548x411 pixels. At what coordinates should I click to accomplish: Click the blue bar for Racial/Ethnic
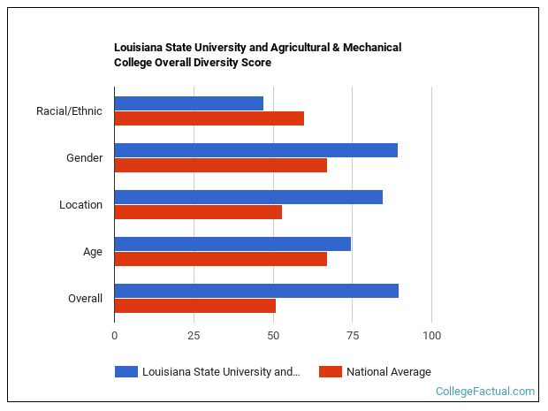(189, 103)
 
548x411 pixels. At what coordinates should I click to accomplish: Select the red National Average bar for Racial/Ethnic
(209, 118)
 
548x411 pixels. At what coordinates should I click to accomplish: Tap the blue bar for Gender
(255, 150)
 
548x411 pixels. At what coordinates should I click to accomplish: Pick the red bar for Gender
(220, 165)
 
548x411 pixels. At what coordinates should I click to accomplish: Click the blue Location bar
(248, 197)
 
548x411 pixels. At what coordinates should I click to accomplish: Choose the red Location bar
(198, 212)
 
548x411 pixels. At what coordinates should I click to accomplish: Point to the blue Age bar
(232, 244)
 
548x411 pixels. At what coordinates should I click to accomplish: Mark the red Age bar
(220, 259)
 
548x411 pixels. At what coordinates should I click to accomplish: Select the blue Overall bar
(256, 291)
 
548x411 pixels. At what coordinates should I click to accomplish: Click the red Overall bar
(194, 306)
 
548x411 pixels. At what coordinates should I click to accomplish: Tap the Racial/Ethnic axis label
(69, 111)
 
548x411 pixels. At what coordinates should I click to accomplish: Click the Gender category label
(84, 158)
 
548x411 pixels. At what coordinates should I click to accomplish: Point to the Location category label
(80, 205)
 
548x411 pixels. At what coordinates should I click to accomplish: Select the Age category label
(92, 252)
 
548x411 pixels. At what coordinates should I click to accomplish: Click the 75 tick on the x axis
(352, 336)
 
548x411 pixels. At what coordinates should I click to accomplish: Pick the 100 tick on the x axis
(431, 336)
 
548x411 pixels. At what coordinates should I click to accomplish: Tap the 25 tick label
(194, 336)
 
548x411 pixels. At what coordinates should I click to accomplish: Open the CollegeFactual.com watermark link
(484, 392)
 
